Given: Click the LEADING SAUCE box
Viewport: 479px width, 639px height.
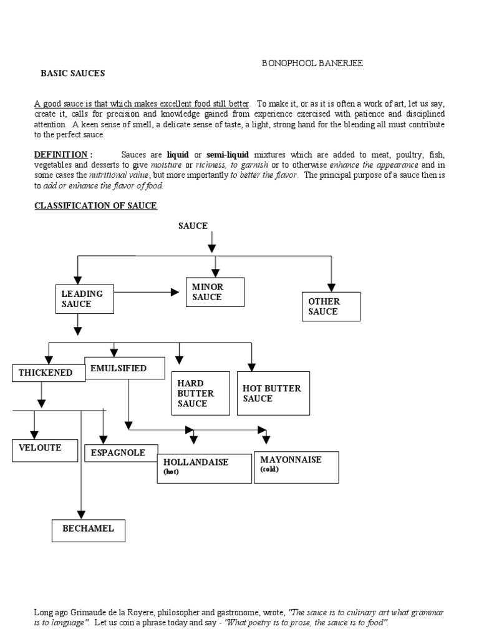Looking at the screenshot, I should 85,298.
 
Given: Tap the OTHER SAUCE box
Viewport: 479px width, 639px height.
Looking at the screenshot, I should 331,306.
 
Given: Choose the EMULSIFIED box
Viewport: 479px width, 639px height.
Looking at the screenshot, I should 124,369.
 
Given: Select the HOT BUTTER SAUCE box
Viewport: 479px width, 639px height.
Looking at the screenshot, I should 273,393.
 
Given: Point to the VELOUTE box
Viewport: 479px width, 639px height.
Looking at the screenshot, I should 46,451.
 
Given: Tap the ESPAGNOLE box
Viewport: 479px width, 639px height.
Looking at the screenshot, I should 121,452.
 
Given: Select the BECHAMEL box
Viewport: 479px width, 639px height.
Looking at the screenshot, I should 88,529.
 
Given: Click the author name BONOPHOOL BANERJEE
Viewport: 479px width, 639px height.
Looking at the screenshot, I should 312,64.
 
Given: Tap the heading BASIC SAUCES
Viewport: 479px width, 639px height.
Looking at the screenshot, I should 73,73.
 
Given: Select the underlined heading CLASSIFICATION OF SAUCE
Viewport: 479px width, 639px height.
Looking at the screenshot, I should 95,205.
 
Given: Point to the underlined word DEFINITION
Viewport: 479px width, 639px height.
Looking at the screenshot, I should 60,154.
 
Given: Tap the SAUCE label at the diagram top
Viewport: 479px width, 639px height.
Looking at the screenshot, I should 193,226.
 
